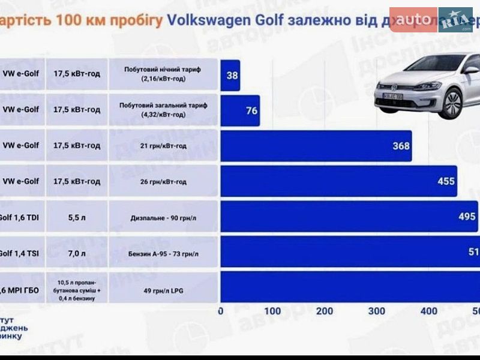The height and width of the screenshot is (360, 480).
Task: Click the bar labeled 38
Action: (x=230, y=76)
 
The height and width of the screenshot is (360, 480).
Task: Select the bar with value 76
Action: (x=240, y=110)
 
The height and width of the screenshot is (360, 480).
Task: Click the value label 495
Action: (x=467, y=217)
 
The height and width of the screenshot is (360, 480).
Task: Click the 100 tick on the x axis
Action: (x=272, y=311)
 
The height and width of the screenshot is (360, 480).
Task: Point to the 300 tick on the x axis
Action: (x=377, y=311)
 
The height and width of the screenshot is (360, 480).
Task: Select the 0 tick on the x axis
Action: (x=221, y=311)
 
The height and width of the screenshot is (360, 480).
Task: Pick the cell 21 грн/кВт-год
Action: (x=163, y=146)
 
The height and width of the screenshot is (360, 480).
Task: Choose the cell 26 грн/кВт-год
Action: (x=163, y=181)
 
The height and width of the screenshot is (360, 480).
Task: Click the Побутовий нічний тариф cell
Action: (x=163, y=74)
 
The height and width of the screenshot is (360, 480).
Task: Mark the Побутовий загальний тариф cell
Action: (x=163, y=110)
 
